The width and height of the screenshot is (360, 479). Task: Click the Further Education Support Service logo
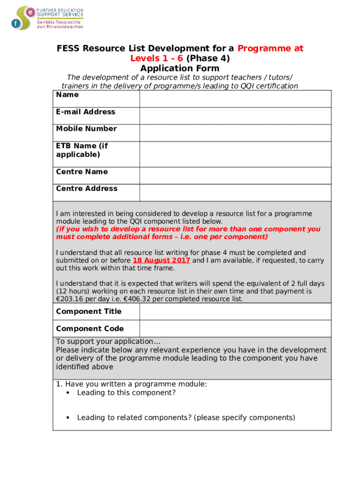point(47,18)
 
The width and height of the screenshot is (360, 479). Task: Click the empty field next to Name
point(235,99)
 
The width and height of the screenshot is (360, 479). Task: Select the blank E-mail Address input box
point(235,116)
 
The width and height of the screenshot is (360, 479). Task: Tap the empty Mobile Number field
point(235,133)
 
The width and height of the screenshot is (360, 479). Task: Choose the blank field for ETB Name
point(235,154)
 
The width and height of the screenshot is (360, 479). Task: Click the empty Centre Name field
point(235,176)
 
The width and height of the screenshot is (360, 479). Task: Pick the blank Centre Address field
point(235,193)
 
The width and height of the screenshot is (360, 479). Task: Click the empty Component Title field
point(235,312)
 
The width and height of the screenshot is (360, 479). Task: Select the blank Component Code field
point(235,328)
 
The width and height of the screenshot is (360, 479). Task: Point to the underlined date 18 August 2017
point(161,261)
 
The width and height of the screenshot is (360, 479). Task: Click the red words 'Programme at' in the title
point(270,48)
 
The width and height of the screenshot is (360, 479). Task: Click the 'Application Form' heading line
point(180,68)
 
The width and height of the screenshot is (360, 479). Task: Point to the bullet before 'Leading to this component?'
point(68,393)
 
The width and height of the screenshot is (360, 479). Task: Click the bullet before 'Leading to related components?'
point(68,418)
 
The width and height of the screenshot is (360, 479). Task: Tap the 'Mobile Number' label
point(86,129)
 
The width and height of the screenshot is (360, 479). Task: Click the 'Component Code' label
point(90,328)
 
